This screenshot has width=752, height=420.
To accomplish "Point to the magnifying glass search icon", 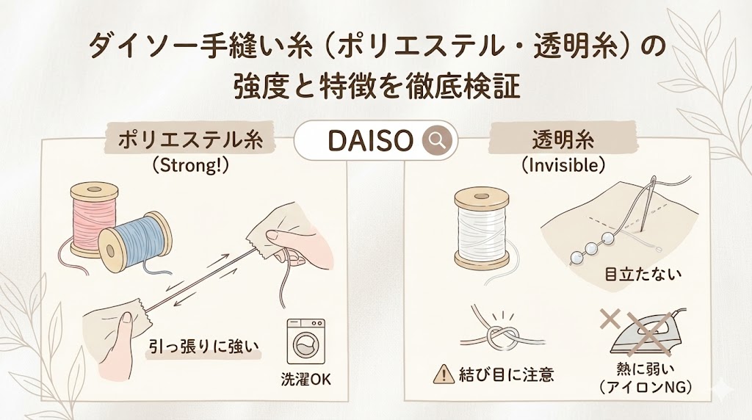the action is pos(437,140).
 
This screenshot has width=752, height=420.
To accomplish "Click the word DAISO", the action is pos(370,141).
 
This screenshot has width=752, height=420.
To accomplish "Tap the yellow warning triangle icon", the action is pos(444,374).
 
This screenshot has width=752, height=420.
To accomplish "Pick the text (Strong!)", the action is pos(190,166).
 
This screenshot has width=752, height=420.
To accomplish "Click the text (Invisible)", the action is pos(563,166).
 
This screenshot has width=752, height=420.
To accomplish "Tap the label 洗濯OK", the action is pos(306,380).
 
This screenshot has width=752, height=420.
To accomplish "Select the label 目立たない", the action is pos(643,275).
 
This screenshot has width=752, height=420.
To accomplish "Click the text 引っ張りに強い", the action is pos(203,347).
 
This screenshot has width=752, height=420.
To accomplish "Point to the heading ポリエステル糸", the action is pos(191,140).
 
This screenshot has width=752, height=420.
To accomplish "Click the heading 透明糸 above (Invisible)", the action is pos(563,140).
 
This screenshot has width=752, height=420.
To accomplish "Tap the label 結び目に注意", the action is pos(507,374).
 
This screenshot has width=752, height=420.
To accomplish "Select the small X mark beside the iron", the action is pos(610,319).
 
